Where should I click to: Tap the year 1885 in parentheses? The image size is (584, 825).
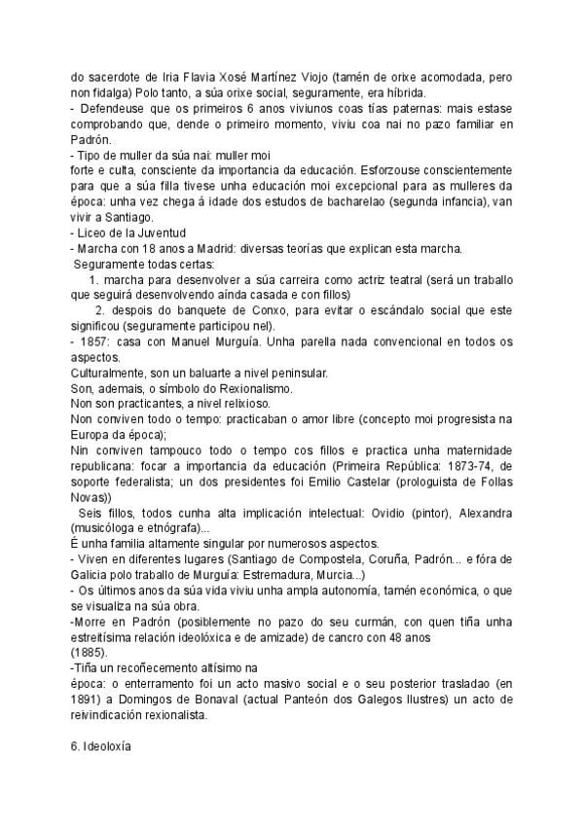pyautogui.click(x=89, y=654)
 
